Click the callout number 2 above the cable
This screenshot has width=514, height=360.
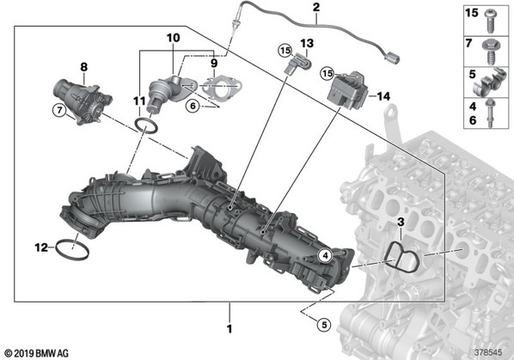tap(316, 7)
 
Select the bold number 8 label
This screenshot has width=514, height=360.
tap(84, 67)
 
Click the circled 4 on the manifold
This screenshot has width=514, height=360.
tap(325, 255)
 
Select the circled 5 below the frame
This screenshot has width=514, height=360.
tap(324, 325)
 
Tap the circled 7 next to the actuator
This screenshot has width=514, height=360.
tap(59, 110)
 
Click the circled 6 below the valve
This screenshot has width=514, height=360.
tap(193, 106)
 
